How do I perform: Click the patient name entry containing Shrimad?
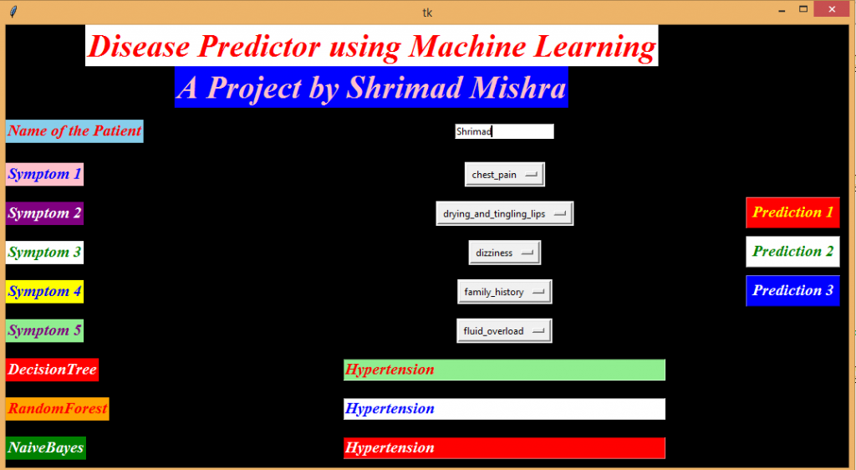tap(504, 131)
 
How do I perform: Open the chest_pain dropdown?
tap(504, 175)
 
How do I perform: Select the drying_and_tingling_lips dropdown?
tap(504, 214)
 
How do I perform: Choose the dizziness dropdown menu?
tap(504, 253)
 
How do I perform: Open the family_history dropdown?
tap(504, 292)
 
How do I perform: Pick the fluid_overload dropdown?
tap(504, 331)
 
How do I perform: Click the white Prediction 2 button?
tap(792, 252)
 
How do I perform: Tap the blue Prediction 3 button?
tap(792, 291)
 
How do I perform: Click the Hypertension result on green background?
tap(504, 370)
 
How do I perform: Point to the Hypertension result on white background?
tap(504, 409)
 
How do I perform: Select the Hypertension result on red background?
tap(504, 448)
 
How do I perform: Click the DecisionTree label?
tap(52, 370)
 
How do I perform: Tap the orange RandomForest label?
tap(57, 409)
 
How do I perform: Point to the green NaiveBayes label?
tap(46, 448)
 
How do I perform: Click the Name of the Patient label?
tap(74, 131)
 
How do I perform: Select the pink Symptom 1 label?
tap(44, 175)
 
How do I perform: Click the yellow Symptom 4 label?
tap(44, 292)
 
